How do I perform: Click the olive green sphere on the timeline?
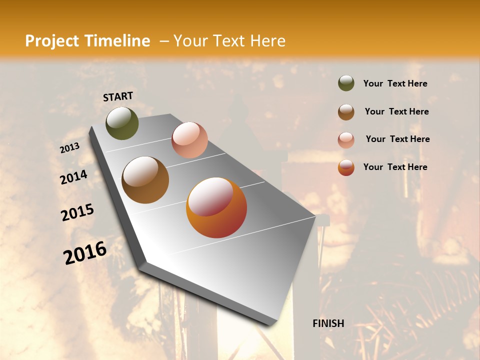point(122,123)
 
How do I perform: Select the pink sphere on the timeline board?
point(189,140)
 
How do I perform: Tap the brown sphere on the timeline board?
point(145,180)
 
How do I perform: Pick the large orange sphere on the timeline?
point(216,207)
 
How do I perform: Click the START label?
point(118,96)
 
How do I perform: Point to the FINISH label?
point(328,323)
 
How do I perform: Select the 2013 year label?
point(69,148)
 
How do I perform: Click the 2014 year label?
point(73,177)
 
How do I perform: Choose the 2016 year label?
point(85,252)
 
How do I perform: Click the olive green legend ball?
point(346,83)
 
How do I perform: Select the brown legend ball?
point(346,112)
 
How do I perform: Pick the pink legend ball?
point(346,140)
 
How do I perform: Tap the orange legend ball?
point(346,167)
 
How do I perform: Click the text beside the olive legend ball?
point(395,84)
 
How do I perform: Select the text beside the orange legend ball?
point(395,167)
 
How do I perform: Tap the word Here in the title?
point(267,41)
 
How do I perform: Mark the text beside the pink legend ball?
point(397,139)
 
